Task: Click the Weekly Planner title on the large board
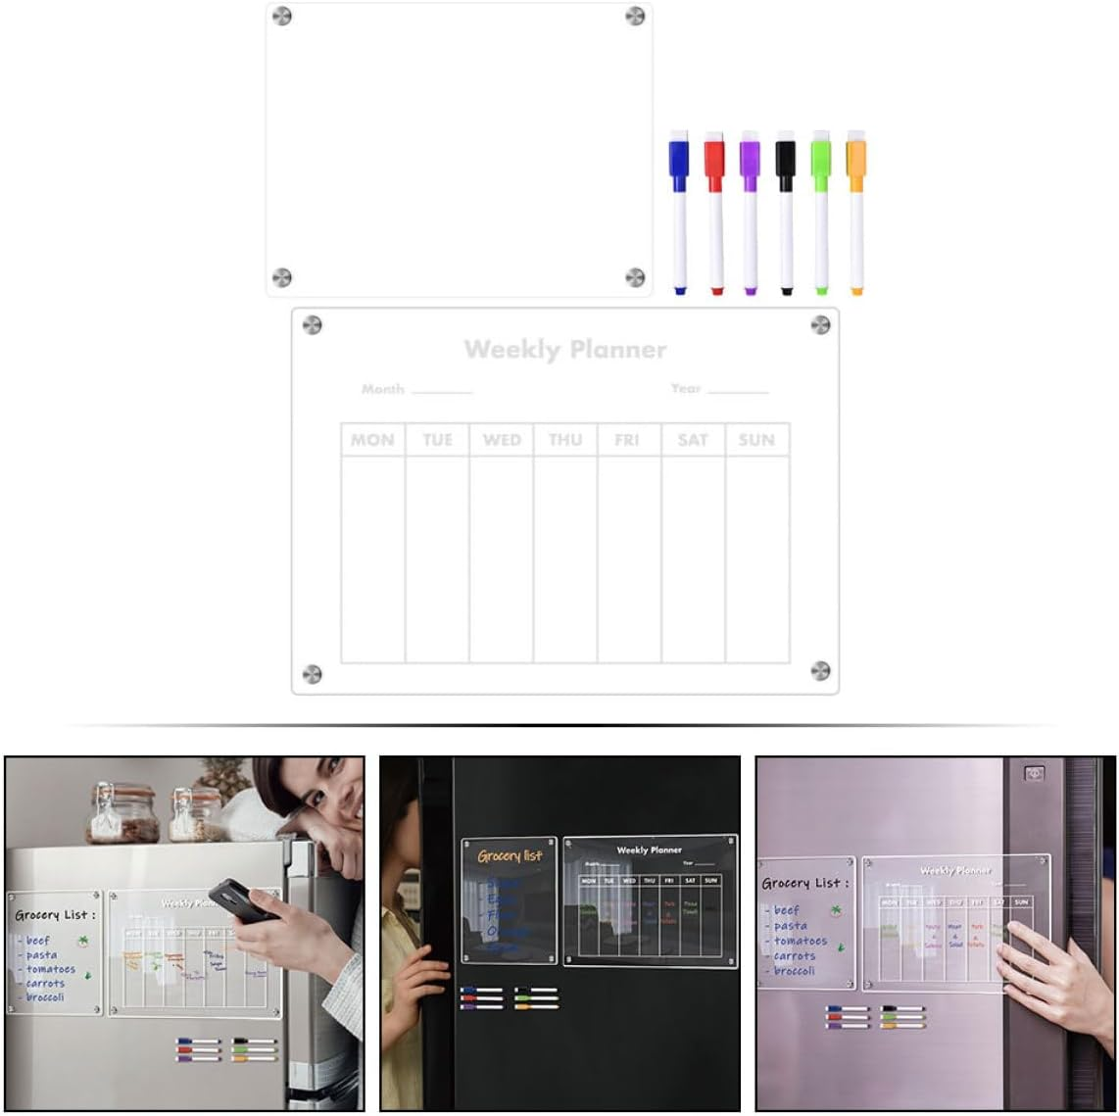pos(565,350)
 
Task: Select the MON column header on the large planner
pos(372,440)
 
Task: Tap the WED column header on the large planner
pos(502,440)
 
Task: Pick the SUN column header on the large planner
pos(756,440)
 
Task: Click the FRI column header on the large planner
pos(627,440)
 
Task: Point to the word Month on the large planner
pos(382,389)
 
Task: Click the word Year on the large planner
pos(686,388)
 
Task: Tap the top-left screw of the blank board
pos(282,16)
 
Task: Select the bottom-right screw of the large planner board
pos(820,670)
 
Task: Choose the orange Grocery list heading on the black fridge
pos(510,856)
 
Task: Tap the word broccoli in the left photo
pos(45,997)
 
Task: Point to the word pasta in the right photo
pos(791,925)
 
